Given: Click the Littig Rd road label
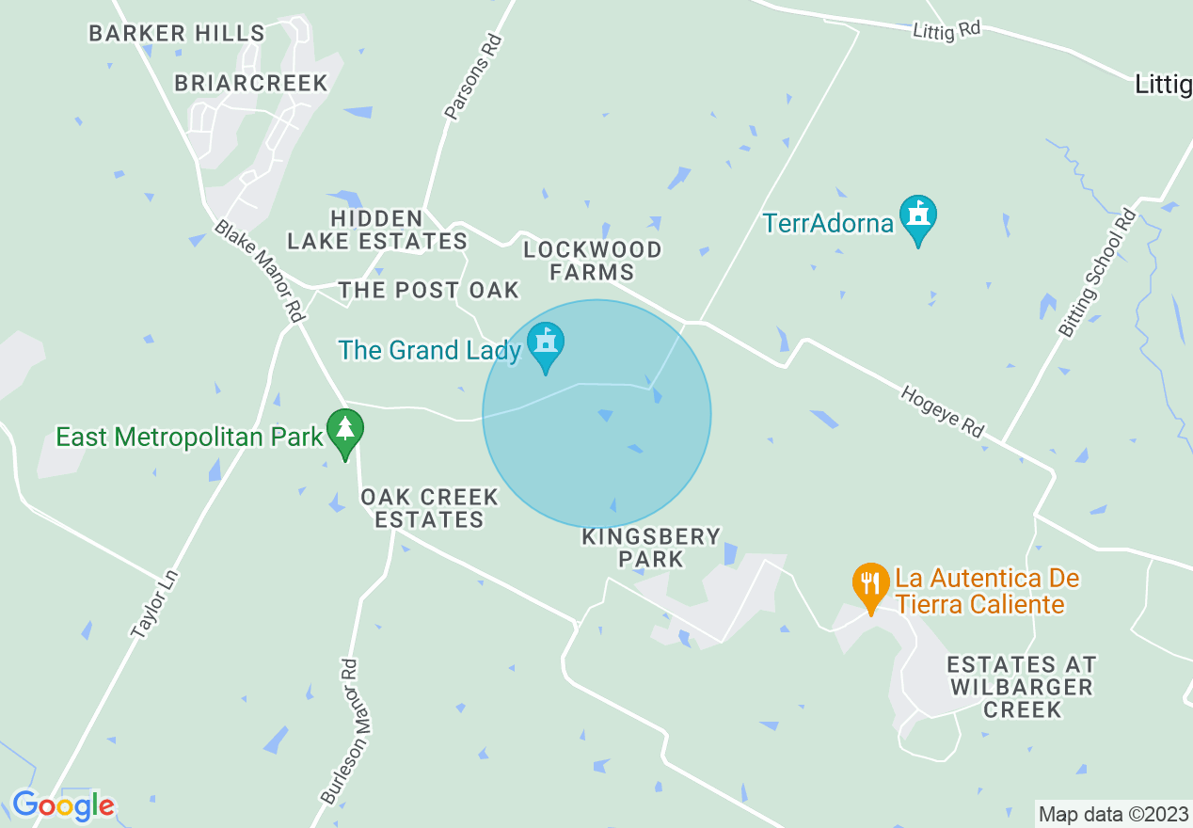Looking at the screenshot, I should (x=946, y=30).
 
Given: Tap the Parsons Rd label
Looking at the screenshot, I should (x=475, y=78).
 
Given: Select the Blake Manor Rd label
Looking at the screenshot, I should (x=260, y=270).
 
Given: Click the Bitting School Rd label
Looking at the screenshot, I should (x=1097, y=274).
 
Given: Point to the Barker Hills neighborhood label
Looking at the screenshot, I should (x=177, y=34).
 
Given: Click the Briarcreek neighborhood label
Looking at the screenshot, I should (x=251, y=83).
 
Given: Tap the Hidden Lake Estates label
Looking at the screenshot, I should (x=377, y=231).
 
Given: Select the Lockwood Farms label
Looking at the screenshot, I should (x=593, y=261).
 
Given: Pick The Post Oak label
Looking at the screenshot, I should (x=429, y=290).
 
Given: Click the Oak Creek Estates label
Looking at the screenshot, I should (x=429, y=508).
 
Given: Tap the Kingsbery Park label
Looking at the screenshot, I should (x=651, y=548).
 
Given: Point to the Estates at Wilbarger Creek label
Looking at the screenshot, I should (x=1022, y=687).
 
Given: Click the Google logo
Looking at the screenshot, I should (x=63, y=806).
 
